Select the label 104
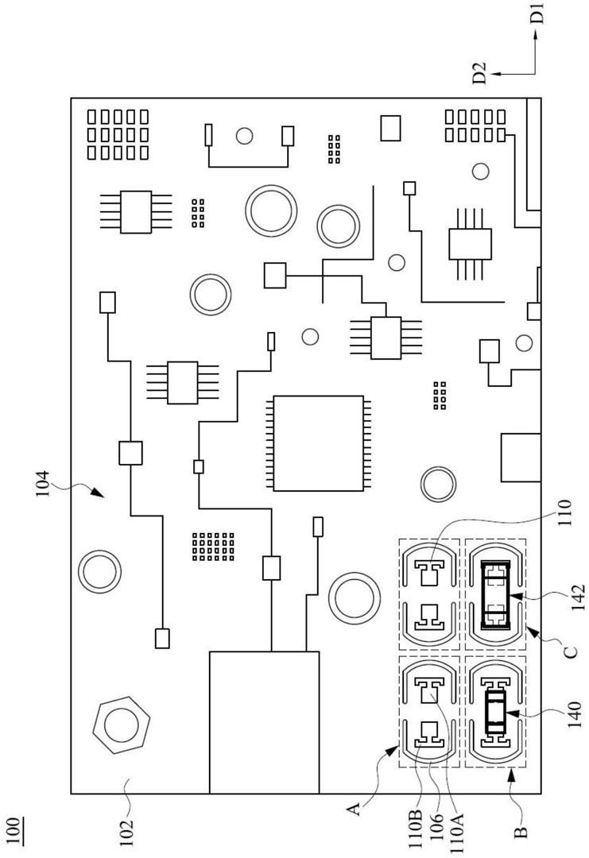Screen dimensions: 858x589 (43, 485)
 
